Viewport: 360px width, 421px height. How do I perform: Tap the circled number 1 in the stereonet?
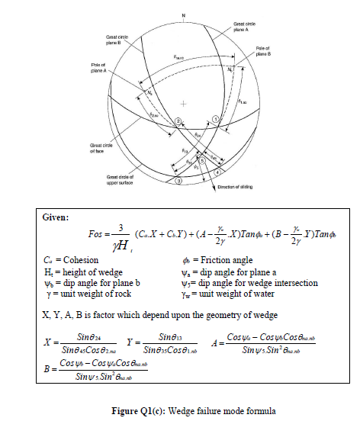[x=216, y=120]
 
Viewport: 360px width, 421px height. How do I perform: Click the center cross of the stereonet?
[x=183, y=102]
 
